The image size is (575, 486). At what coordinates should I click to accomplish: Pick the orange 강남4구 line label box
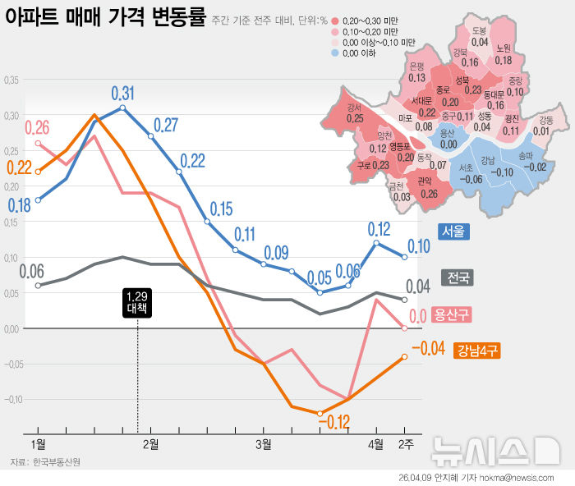pyautogui.click(x=475, y=351)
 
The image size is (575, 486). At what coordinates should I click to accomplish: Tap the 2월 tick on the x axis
pyautogui.click(x=151, y=444)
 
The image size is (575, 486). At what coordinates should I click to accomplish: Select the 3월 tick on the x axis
pyautogui.click(x=263, y=444)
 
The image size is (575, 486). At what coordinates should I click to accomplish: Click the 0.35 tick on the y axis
pyautogui.click(x=11, y=80)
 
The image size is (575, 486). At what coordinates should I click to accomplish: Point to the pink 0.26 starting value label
pyautogui.click(x=37, y=128)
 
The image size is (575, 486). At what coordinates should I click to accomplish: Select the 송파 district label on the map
pyautogui.click(x=525, y=161)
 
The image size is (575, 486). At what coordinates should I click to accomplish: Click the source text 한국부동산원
pyautogui.click(x=57, y=462)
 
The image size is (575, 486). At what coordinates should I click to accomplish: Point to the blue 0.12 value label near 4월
pyautogui.click(x=379, y=229)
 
